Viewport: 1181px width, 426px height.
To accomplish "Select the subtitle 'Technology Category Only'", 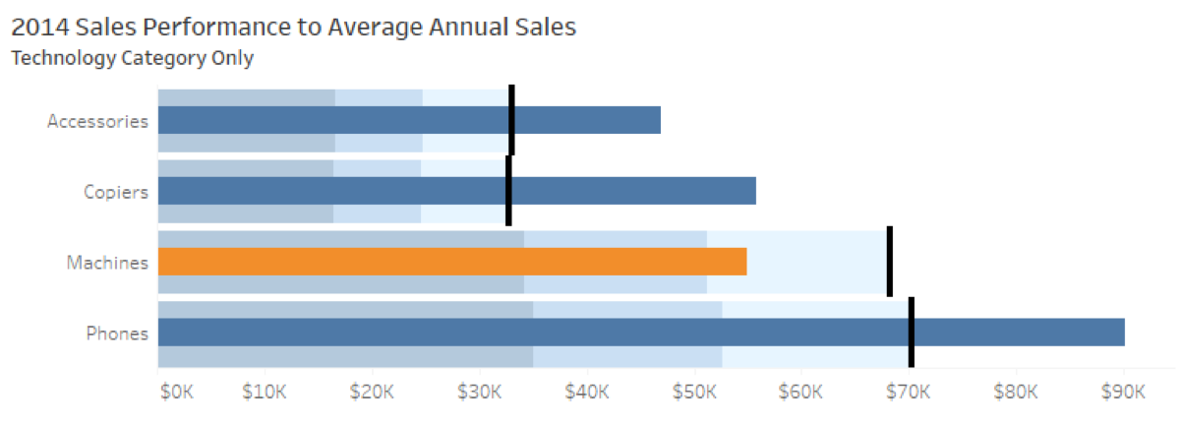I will (132, 58).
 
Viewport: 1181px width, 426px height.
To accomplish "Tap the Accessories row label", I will (98, 121).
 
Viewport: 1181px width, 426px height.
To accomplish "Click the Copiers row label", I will (116, 192).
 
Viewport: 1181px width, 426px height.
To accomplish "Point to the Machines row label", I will (107, 263).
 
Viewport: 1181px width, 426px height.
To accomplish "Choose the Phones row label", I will (117, 334).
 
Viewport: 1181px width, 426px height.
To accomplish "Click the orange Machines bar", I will (452, 262).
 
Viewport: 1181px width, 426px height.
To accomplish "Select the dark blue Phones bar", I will (639, 333).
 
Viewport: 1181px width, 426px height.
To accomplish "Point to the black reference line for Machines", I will (890, 261).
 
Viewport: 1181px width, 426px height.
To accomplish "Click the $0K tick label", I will (177, 392).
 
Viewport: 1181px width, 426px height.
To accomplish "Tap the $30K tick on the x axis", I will (479, 392).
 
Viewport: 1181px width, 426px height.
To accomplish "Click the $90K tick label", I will (1123, 392).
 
